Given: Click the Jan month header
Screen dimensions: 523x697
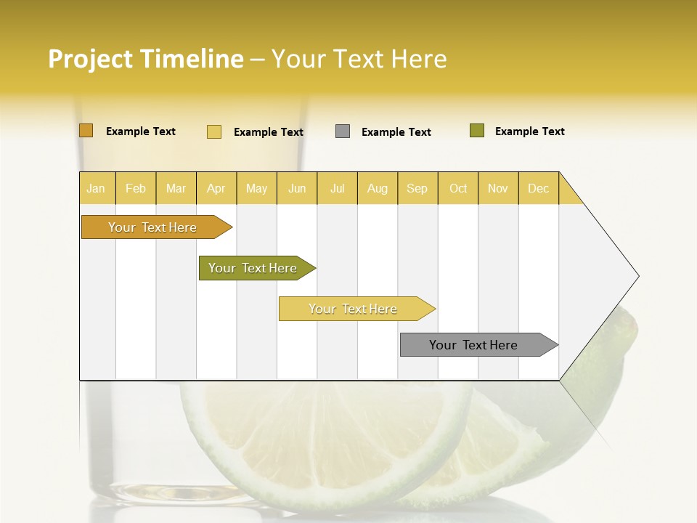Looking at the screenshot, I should coord(96,188).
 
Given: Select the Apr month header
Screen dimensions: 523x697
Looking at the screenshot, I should coord(216,188).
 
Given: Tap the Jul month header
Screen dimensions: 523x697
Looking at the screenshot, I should coord(337,188).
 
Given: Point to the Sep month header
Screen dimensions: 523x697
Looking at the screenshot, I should coord(417,188).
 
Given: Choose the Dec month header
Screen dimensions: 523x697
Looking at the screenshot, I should coord(538,188).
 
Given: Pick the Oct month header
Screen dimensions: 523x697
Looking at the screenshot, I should coord(458,188).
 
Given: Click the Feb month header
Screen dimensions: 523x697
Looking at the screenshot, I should coord(136,188).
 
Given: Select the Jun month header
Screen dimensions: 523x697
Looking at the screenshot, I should coord(297,188).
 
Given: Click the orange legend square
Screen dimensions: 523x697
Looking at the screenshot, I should coord(86,131).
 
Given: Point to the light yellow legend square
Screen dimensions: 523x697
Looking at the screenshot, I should coord(214,131).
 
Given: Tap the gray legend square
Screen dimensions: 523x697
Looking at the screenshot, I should coord(343,131).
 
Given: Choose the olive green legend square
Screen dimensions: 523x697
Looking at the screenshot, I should coord(477,131).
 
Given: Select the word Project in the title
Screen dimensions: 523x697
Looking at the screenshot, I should coord(90,59).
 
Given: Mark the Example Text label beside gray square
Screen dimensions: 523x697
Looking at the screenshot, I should coord(396,132).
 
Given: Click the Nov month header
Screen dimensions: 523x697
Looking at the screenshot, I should coord(498,188).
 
